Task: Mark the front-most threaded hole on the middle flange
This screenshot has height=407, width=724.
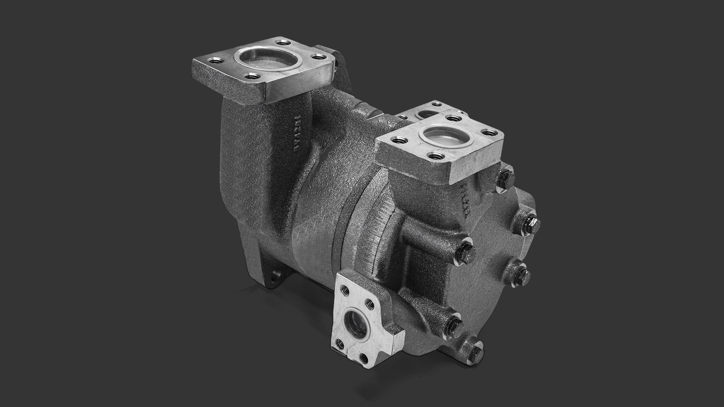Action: point(434,155)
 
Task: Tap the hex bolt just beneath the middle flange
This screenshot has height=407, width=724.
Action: point(506,175)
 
